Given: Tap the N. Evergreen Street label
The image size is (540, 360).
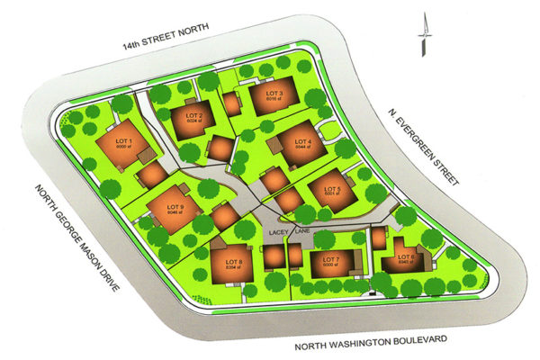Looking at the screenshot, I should pos(422,148).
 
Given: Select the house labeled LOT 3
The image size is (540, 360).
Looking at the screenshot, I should pos(272,97).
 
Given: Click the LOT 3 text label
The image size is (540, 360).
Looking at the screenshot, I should pos(274,94).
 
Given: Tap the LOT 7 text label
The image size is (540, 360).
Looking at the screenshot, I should pos(329,258).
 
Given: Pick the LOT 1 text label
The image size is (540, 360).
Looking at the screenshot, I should pos(124,141).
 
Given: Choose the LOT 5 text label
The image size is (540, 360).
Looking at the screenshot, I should pos(333,188).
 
